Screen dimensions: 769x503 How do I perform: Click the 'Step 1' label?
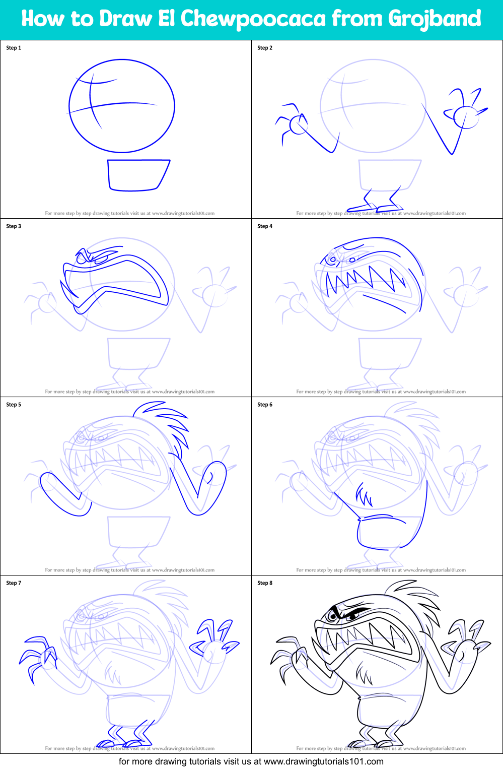point(14,48)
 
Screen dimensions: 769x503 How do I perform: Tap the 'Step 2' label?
point(265,48)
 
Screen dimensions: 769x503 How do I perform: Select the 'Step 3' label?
point(14,226)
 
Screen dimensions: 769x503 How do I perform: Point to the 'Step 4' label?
point(265,226)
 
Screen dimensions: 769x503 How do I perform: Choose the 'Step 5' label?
point(14,405)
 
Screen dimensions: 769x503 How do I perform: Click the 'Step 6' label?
point(265,405)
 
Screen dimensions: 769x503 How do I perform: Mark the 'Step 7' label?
point(14,583)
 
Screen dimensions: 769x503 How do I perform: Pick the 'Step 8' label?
point(265,583)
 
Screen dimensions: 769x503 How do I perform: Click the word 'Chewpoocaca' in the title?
point(253,19)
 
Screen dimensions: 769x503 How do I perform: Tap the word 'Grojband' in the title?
point(435,19)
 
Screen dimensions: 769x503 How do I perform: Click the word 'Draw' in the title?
point(125,19)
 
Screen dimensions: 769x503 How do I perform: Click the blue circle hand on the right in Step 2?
point(466,117)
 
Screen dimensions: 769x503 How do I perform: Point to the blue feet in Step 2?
point(375,207)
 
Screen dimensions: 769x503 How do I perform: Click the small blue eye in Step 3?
point(100,259)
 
